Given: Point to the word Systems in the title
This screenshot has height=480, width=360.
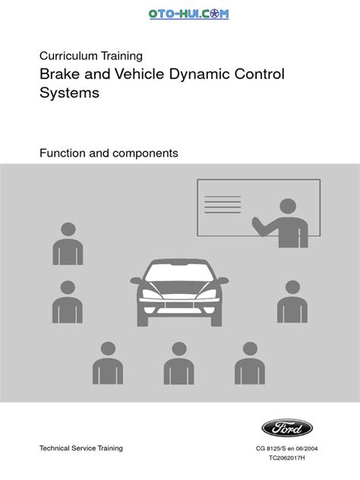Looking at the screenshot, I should pyautogui.click(x=69, y=94).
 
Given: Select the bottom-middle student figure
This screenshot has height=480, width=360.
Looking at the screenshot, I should pyautogui.click(x=179, y=362).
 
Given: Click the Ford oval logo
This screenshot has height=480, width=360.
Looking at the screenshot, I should pyautogui.click(x=286, y=428).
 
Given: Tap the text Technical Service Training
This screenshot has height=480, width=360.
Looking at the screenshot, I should pyautogui.click(x=81, y=449).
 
